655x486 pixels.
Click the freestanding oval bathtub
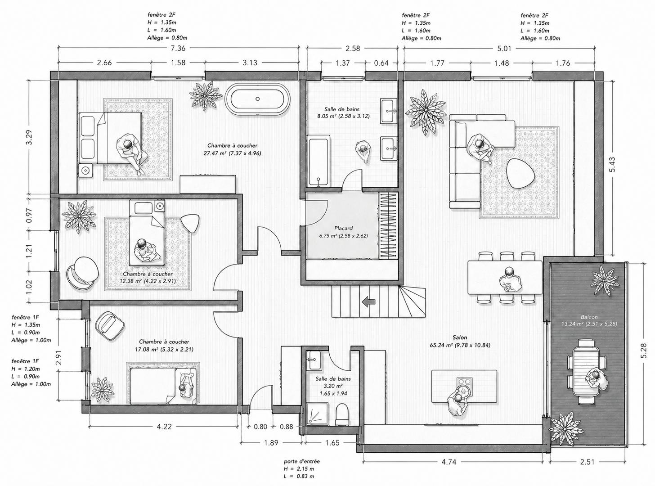coord(257,99)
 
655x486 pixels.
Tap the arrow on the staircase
coord(368,301)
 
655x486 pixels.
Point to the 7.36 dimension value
coord(178,48)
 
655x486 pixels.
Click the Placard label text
coord(343,228)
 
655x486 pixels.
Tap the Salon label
coord(460,337)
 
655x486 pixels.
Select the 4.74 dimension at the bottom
coord(449,462)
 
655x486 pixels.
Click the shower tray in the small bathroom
coord(317,414)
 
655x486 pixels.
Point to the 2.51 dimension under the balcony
coord(587,462)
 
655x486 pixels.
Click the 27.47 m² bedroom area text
coord(232,153)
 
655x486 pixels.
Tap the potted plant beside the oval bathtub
coord(206,95)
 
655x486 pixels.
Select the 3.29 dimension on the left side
coord(29,137)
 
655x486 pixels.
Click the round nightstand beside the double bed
coord(85,171)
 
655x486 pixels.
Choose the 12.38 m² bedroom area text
coord(148,281)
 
